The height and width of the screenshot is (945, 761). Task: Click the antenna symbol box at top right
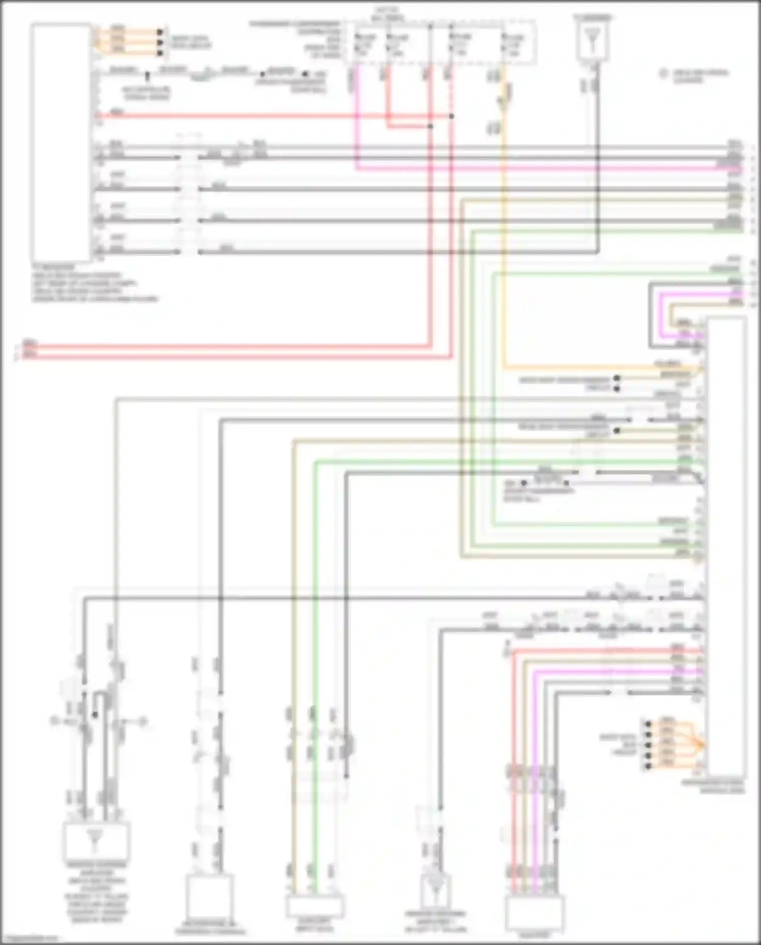coord(592,41)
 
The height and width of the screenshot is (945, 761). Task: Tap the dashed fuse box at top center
coord(440,43)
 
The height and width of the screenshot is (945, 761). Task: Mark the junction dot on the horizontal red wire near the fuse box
coord(452,116)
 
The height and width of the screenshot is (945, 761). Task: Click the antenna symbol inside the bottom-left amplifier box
coord(94,838)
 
